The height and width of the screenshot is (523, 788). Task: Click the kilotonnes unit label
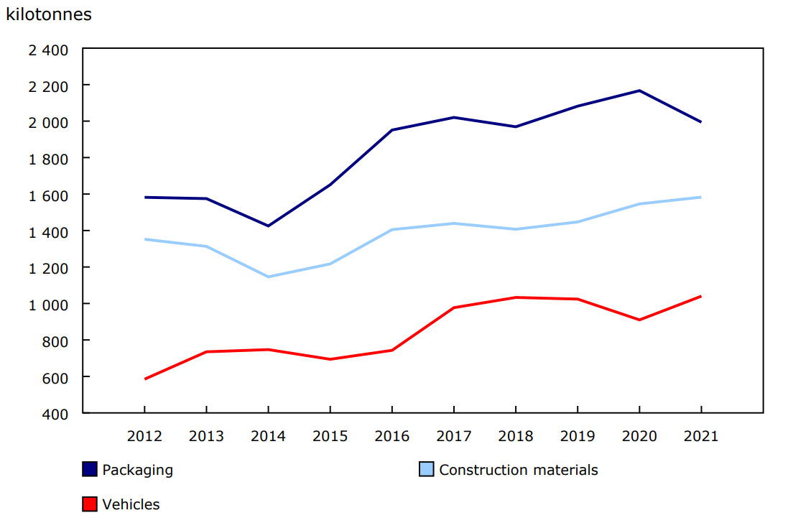[x=49, y=14]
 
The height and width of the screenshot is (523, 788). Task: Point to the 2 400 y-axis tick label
[x=48, y=50]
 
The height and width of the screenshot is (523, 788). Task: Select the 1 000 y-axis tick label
[x=48, y=304]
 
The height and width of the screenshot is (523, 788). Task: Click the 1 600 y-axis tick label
[x=48, y=195]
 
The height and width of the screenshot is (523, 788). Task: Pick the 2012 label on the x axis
[x=144, y=436]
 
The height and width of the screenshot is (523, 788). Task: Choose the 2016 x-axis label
[x=391, y=436]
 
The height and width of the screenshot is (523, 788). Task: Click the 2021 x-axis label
[x=700, y=436]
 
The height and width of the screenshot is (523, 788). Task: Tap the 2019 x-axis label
[x=577, y=436]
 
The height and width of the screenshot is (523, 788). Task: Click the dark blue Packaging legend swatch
[x=90, y=470]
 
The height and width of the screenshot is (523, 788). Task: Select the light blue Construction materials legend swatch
[x=427, y=470]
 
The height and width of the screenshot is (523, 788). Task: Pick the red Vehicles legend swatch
[x=90, y=504]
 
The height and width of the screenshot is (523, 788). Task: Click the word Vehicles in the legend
[x=131, y=504]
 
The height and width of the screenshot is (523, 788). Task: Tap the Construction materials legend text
[x=518, y=470]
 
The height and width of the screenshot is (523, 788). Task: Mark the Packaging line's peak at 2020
[x=639, y=91]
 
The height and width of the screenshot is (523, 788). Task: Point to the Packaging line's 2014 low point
[x=268, y=226]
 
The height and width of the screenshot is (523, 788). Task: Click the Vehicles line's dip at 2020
[x=639, y=320]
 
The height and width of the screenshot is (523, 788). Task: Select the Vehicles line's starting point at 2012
[x=145, y=379]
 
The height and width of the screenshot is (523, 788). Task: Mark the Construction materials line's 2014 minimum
[x=268, y=277]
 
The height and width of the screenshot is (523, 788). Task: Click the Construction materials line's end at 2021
[x=700, y=197]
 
